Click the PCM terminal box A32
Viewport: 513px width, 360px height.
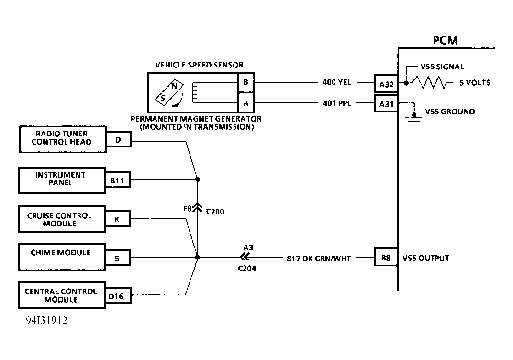[x=386, y=85]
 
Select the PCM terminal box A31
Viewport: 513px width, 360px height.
[x=386, y=103]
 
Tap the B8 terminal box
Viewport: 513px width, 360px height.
[x=386, y=258]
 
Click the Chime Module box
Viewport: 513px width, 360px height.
[x=62, y=257]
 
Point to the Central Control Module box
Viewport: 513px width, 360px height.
[x=62, y=295]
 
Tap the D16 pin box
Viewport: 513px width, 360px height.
[x=116, y=297]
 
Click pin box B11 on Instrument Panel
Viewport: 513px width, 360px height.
[x=117, y=181]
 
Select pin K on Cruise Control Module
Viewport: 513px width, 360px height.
[x=117, y=220]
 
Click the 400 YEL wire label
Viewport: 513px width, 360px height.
[x=337, y=82]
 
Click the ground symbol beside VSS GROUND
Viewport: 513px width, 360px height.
[x=414, y=118]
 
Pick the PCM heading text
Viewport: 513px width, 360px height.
[x=445, y=40]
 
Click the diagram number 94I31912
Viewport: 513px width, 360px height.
[x=46, y=320]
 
